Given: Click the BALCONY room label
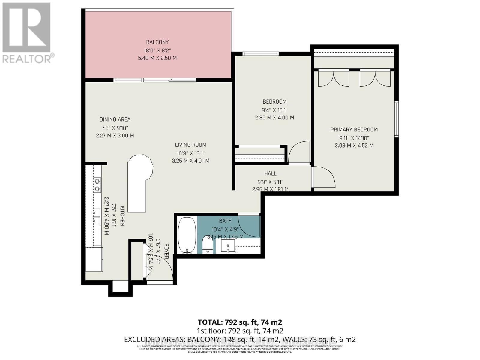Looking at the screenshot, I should pos(157,42).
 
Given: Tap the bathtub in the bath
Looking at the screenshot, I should pos(187,235).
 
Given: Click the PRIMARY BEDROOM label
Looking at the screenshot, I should pos(354,130).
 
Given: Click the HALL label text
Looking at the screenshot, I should pos(270,173).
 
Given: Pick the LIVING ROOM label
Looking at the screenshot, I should pos(190,145).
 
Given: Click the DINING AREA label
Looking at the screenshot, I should pos(115,119).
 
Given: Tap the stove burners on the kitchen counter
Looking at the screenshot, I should pos(97,185).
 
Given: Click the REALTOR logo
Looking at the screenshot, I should pos(27,33).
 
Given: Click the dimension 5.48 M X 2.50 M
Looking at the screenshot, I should pos(157,58).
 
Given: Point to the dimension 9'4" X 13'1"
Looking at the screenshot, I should pos(274,110).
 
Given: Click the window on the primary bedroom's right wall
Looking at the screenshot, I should pos(397,119).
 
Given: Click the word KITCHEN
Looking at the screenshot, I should pos(122,216).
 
